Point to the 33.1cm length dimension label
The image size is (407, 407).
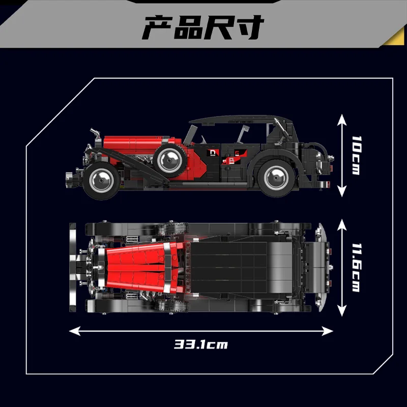click(201, 344)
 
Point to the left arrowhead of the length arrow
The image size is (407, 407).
click(72, 331)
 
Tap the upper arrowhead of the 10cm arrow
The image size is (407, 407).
click(342, 118)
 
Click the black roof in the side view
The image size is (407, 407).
click(234, 120)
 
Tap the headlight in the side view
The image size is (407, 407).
click(94, 137)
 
